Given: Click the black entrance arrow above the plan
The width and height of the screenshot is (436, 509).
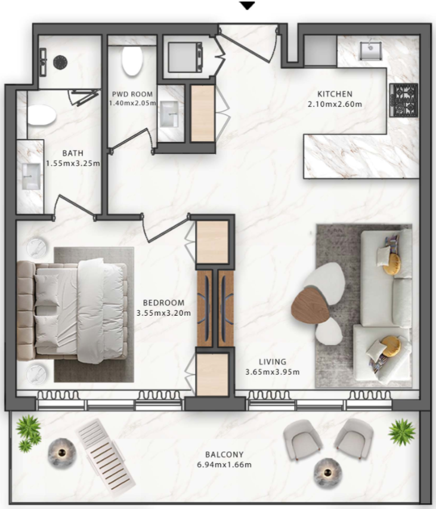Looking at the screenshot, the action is [x=247, y=5].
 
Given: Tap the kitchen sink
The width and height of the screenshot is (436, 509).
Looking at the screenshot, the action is [x=370, y=51].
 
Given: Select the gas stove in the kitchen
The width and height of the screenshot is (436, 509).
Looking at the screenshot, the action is [x=404, y=100].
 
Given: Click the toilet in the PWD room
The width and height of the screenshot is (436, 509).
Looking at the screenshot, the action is [x=132, y=61].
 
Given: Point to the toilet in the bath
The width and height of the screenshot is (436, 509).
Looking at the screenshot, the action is [x=42, y=115].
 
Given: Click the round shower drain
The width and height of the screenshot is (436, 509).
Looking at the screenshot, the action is [x=60, y=62].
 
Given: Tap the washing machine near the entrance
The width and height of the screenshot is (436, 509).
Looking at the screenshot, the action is [x=185, y=57].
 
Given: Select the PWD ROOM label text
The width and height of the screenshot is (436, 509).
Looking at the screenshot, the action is [x=132, y=94].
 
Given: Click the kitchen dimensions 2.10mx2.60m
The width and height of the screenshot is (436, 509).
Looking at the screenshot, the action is [x=335, y=104].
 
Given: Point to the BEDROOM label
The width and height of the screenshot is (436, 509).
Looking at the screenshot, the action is [x=163, y=303].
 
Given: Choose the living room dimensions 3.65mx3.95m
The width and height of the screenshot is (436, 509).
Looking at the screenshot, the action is [x=272, y=372].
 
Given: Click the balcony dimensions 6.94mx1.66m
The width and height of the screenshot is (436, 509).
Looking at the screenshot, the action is [x=224, y=464].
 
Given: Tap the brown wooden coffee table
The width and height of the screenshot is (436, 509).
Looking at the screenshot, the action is [x=311, y=306].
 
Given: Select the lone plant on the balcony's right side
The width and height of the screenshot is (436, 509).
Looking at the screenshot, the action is [x=401, y=432].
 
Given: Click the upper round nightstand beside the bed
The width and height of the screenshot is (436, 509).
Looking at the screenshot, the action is [x=38, y=248].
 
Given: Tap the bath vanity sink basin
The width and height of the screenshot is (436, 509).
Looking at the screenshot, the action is [x=31, y=176].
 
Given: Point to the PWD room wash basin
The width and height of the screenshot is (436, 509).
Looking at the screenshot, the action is [x=169, y=114].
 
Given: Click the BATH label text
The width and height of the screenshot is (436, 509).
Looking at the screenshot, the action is [x=73, y=153].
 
